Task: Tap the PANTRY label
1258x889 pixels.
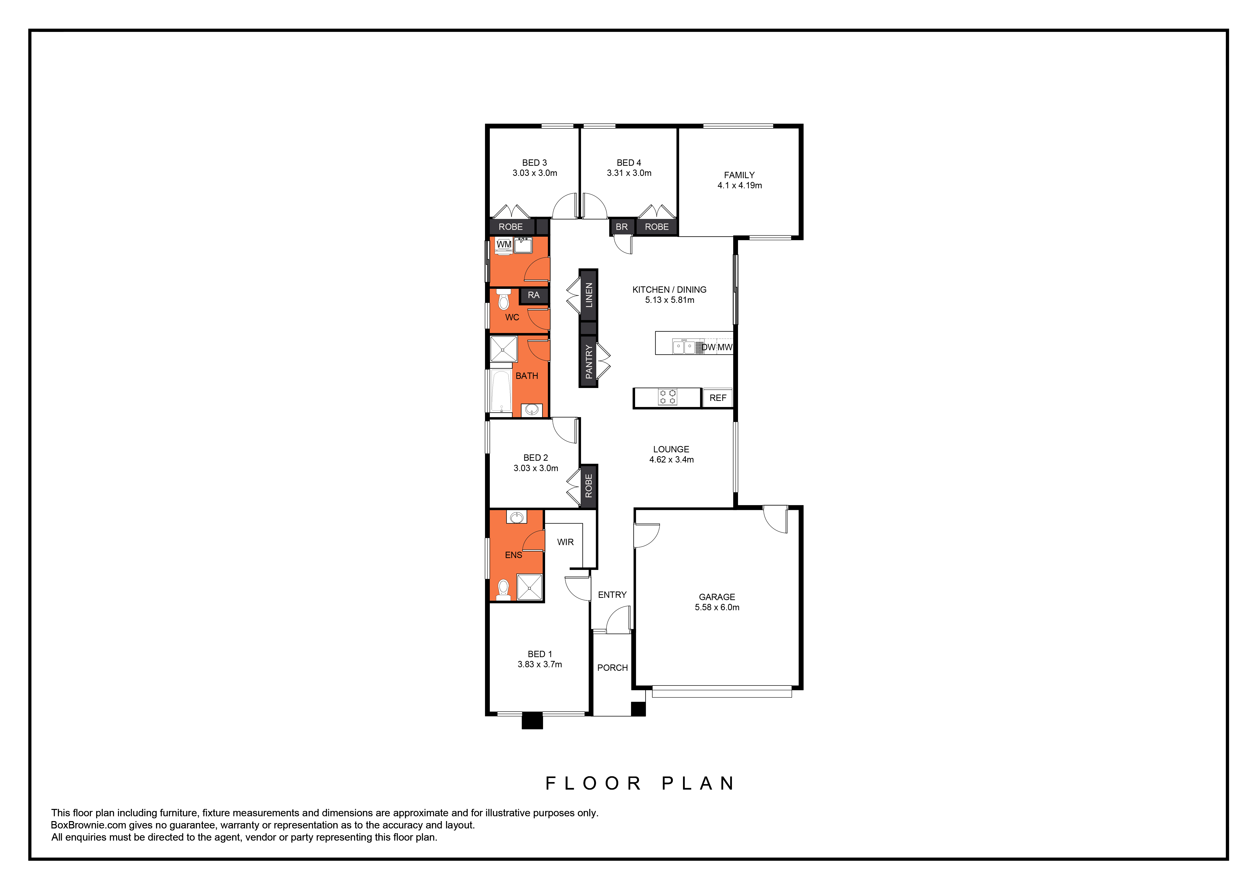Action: coord(588,362)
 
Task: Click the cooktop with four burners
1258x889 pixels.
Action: coord(667,397)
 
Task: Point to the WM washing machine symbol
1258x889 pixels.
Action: coord(504,245)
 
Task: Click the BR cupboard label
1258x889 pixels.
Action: coord(621,227)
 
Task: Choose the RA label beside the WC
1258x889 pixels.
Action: coord(533,295)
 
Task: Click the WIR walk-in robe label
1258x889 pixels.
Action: coord(565,542)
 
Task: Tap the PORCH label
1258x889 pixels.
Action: coord(612,668)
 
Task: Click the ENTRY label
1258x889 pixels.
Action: coord(612,595)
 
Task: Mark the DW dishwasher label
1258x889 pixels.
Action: coord(708,347)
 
